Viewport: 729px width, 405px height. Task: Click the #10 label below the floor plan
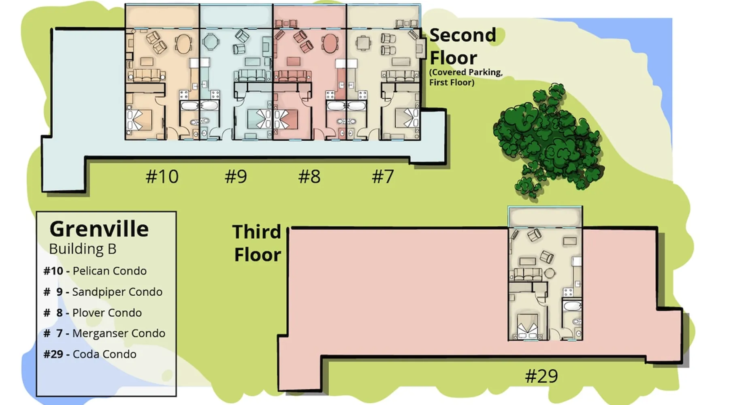click(x=162, y=177)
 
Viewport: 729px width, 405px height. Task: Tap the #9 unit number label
click(x=236, y=177)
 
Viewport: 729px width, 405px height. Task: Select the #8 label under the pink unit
click(x=309, y=177)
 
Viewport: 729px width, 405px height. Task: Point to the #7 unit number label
click(x=383, y=177)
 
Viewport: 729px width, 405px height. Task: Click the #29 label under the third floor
click(x=541, y=376)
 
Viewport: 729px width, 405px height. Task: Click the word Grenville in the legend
click(x=99, y=229)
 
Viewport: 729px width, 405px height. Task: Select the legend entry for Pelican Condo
click(x=95, y=271)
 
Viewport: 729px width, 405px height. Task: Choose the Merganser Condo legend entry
click(x=104, y=333)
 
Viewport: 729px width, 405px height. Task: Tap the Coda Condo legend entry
click(x=90, y=354)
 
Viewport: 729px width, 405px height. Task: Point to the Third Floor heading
click(x=257, y=243)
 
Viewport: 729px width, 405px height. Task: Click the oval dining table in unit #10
click(x=183, y=44)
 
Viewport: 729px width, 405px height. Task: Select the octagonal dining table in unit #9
click(x=210, y=41)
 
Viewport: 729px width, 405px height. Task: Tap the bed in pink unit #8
click(x=286, y=119)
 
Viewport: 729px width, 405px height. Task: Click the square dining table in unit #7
click(x=364, y=43)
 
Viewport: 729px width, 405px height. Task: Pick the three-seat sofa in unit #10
click(x=146, y=75)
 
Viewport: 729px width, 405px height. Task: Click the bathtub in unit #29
click(x=572, y=306)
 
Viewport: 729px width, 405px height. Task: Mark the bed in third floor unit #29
click(x=527, y=326)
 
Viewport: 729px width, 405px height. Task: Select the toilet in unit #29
click(x=577, y=322)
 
